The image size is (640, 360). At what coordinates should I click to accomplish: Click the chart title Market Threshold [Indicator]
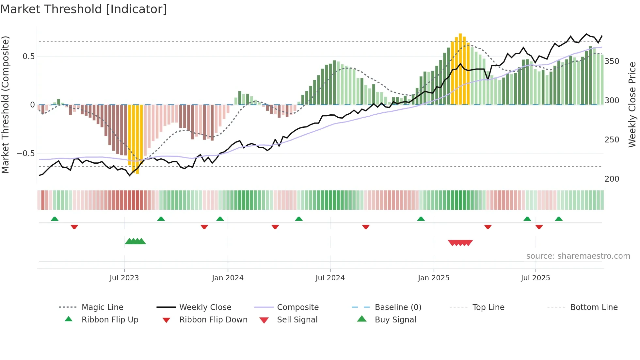click(84, 9)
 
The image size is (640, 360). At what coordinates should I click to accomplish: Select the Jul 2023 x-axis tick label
click(124, 278)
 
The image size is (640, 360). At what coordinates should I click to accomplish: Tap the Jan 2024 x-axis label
click(228, 278)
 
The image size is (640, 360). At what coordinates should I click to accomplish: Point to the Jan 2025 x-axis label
click(434, 278)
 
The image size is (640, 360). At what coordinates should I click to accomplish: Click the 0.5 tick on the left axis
click(28, 57)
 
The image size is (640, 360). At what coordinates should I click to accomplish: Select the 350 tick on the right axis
click(612, 61)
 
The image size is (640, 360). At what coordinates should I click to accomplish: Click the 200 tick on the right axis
click(612, 179)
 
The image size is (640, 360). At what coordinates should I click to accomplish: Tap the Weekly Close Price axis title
click(632, 105)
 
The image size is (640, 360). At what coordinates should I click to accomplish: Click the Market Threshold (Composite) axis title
click(5, 105)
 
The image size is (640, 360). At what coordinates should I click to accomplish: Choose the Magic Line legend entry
click(102, 307)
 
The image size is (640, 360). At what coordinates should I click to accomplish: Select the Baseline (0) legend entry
click(398, 307)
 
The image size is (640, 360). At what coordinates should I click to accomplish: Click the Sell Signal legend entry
click(297, 320)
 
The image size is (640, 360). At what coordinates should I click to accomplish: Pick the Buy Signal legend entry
click(395, 320)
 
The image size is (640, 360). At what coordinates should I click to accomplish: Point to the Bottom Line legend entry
click(594, 307)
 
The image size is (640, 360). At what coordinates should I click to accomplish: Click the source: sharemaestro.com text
click(578, 256)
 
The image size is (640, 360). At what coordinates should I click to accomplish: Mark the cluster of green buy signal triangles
click(135, 241)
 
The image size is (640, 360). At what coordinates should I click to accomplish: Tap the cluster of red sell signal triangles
click(460, 243)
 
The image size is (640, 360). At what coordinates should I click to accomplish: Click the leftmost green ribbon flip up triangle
click(55, 219)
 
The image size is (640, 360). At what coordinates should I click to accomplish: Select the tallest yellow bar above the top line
click(460, 69)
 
